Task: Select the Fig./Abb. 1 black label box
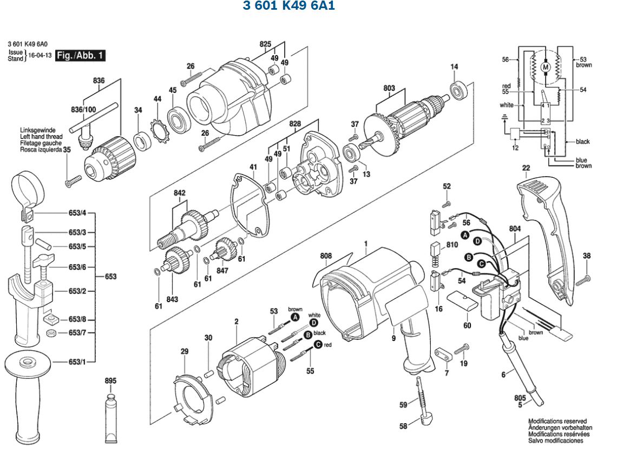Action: [x=81, y=55]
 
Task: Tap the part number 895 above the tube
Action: [x=110, y=381]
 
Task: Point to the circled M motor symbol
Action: [x=546, y=67]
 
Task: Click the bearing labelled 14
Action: [x=460, y=90]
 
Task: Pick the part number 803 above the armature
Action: [x=389, y=88]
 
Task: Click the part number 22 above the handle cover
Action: [x=526, y=169]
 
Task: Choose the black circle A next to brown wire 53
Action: [x=295, y=317]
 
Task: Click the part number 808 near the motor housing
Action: [x=326, y=256]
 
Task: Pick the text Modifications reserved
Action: [x=557, y=421]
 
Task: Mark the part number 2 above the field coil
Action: [x=236, y=323]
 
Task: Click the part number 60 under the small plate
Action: [x=467, y=325]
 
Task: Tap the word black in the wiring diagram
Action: [x=582, y=142]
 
